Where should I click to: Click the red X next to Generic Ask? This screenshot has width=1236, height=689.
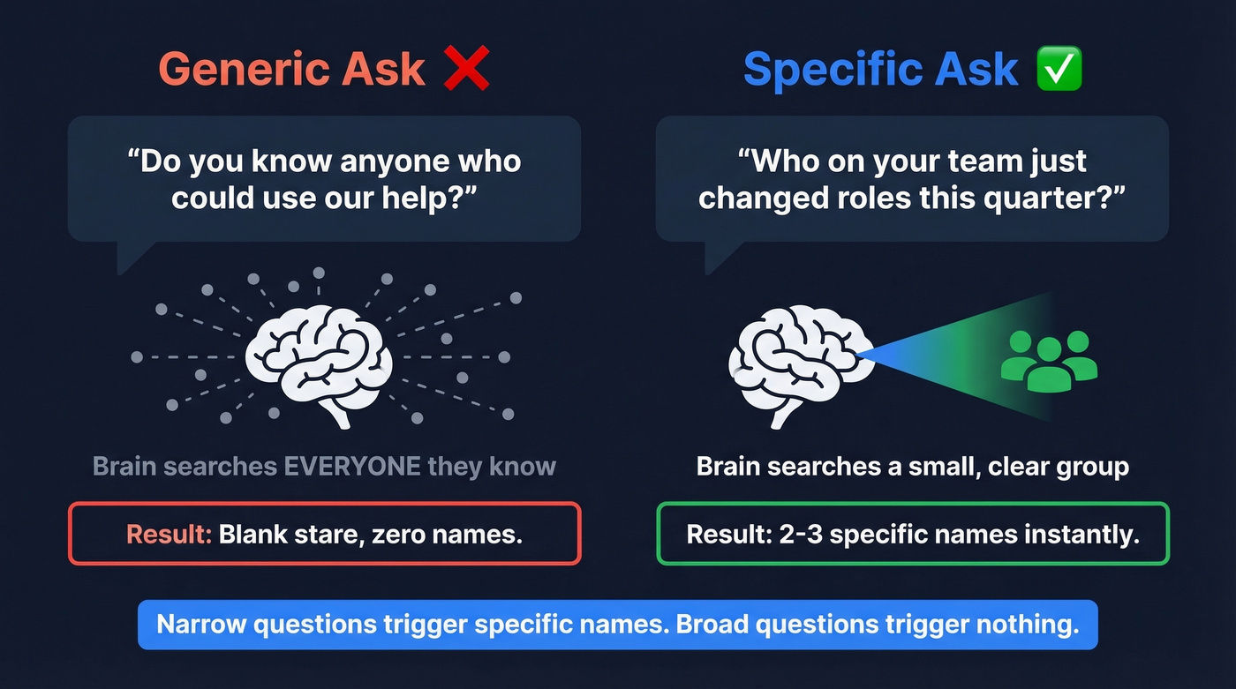466,68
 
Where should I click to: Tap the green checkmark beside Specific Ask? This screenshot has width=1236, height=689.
1059,69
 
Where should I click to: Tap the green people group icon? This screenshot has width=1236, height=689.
1049,360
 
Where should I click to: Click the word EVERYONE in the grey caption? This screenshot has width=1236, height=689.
351,466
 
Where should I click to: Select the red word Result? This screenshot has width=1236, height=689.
169,534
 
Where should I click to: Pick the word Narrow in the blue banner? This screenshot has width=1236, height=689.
200,625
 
